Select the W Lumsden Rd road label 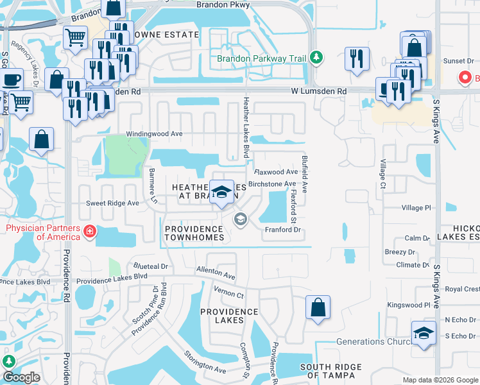pos(317,92)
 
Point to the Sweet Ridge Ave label pos(113,203)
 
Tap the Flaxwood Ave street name pos(276,172)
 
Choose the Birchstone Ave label pos(271,184)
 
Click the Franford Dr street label pos(283,229)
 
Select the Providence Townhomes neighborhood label pos(195,233)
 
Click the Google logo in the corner pos(21,377)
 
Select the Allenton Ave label pos(216,273)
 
